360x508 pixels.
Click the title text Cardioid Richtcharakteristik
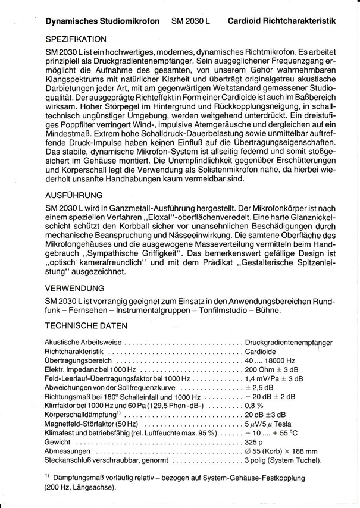pyautogui.click(x=281, y=20)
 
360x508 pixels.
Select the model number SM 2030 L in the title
pyautogui.click(x=191, y=20)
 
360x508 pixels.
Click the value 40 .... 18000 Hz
pyautogui.click(x=270, y=360)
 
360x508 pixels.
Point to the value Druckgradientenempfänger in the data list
pyautogui.click(x=289, y=343)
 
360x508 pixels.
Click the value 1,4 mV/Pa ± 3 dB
pyautogui.click(x=274, y=378)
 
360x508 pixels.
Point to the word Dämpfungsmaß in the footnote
pyautogui.click(x=80, y=478)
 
